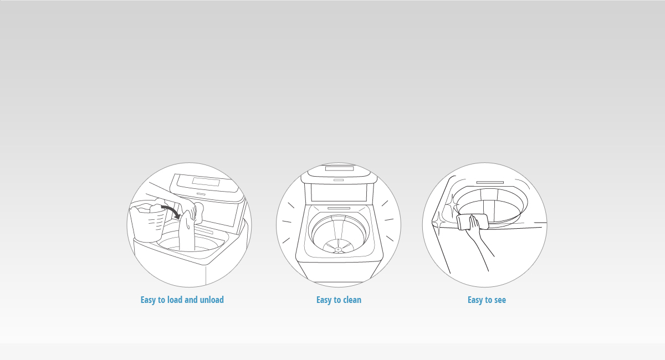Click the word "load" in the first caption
point(175,300)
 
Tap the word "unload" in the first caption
point(212,300)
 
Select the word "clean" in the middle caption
point(352,300)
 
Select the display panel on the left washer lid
point(206,181)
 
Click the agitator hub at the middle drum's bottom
point(338,250)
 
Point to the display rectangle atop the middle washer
point(339,168)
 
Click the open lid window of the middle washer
point(339,193)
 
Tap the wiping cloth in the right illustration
point(472,222)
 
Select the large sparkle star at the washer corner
point(438,222)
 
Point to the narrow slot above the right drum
point(490,182)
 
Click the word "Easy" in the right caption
point(475,300)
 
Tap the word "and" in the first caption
point(191,300)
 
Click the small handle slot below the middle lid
point(339,180)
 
